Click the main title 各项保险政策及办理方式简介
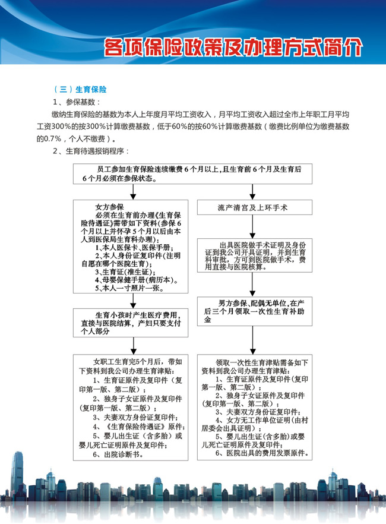(x=232, y=46)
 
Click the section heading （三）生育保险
(x=80, y=89)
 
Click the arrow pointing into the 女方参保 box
(x=132, y=192)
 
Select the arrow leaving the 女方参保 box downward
(x=132, y=301)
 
